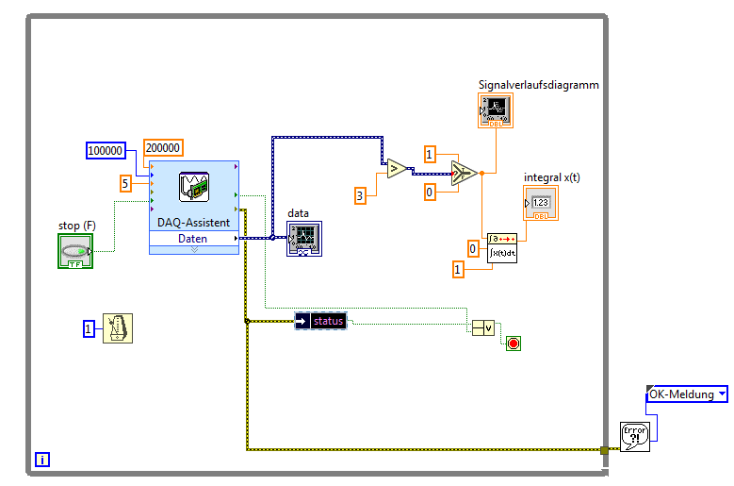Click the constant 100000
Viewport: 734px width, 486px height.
coord(106,150)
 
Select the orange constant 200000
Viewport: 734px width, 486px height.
coord(163,147)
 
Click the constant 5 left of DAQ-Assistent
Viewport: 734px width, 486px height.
coord(125,184)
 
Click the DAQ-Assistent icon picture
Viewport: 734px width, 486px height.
coord(194,188)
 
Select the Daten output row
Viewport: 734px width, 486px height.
coord(193,239)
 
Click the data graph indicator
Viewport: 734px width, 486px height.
coord(304,239)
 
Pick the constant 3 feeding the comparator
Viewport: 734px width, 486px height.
coord(359,195)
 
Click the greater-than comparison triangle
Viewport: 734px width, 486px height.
coord(397,169)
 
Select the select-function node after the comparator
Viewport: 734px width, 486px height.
coord(462,173)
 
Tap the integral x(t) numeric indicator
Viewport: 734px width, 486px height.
coord(541,203)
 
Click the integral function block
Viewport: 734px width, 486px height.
coord(501,248)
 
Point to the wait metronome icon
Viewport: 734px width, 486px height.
coord(118,328)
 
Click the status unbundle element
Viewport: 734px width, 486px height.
coord(321,321)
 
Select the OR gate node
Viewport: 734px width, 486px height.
coord(483,327)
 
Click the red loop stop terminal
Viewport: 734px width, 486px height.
coord(514,343)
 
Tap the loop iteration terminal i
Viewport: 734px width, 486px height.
coord(42,460)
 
